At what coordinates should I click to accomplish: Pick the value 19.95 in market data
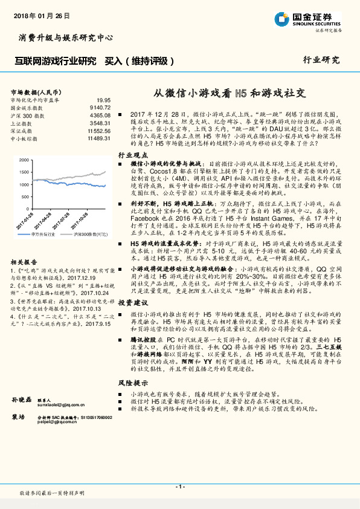[103, 100]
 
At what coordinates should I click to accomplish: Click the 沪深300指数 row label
[27, 115]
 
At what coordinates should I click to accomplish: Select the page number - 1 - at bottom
[179, 487]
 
